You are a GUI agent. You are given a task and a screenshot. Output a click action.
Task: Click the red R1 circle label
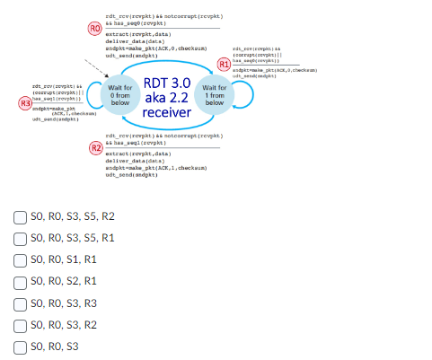point(225,65)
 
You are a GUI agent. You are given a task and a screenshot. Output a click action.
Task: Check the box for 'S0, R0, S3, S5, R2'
point(20,216)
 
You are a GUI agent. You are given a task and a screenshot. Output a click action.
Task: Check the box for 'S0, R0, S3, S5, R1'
point(20,238)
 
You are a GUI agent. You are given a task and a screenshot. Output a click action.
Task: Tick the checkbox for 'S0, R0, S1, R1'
point(20,259)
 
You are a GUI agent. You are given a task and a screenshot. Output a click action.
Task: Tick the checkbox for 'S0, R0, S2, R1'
point(20,281)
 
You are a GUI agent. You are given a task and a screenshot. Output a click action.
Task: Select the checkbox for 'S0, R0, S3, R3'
point(20,303)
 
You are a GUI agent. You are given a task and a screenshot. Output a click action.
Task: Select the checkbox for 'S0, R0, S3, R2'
point(20,324)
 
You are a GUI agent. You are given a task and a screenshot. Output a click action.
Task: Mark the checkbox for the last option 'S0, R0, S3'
point(20,346)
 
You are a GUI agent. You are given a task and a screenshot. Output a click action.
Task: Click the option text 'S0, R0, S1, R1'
point(63,259)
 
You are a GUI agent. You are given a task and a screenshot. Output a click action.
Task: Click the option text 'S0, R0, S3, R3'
point(63,303)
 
